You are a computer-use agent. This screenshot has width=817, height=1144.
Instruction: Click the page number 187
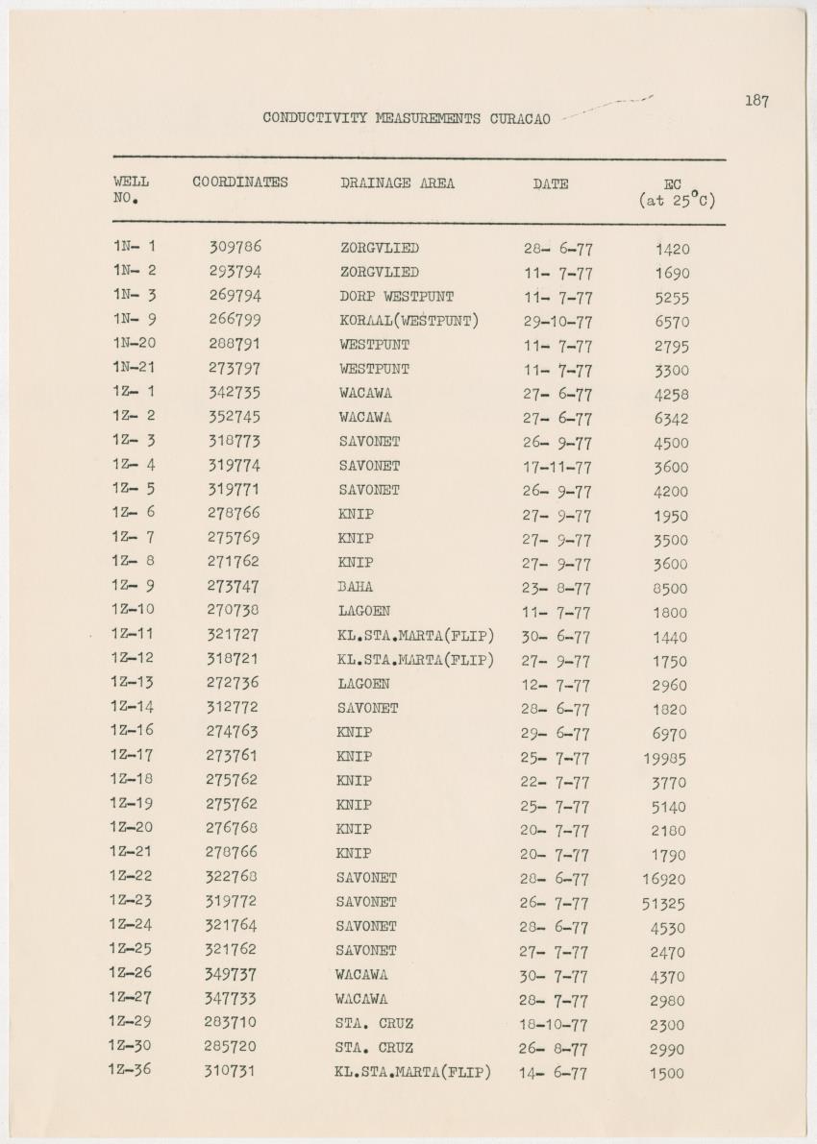point(756,101)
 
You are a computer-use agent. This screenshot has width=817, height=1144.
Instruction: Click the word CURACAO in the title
point(520,119)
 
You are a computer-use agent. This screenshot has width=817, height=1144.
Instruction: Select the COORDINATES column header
point(240,183)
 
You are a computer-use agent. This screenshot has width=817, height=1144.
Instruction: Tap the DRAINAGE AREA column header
point(397,183)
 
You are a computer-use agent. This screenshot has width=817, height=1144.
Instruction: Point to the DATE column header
point(551,183)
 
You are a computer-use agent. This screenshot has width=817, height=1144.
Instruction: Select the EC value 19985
point(664,759)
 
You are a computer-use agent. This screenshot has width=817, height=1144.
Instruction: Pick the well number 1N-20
point(134,344)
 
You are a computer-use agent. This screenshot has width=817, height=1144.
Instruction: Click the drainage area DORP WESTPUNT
point(396,296)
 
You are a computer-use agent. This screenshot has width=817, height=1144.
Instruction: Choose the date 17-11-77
point(557,467)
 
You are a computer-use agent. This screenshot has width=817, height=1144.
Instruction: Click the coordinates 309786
point(235,247)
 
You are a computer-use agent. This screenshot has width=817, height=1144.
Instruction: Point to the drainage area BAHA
point(355,586)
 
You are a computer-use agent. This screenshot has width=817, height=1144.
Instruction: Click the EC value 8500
point(669,589)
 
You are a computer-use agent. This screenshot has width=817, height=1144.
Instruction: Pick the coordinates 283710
point(231,1022)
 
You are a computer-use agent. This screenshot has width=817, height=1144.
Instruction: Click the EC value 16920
point(664,879)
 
